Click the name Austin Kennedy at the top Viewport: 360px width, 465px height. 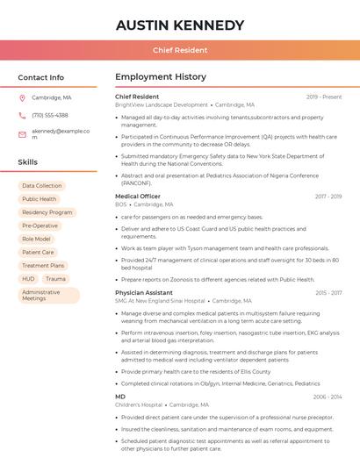click(x=180, y=25)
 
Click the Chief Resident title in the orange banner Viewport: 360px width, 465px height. click(x=180, y=50)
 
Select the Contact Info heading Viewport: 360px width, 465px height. click(x=40, y=77)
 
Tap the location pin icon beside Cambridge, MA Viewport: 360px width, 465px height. click(x=22, y=97)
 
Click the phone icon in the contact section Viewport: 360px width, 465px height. click(x=22, y=115)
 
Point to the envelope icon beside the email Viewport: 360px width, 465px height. click(x=22, y=133)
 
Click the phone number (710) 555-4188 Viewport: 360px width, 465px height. click(x=49, y=115)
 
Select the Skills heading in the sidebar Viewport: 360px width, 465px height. click(x=27, y=162)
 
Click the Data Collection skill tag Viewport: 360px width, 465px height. click(x=42, y=186)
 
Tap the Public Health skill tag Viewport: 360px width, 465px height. click(x=40, y=199)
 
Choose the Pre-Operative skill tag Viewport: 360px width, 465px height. click(x=40, y=225)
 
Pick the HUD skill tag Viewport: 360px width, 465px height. click(x=29, y=279)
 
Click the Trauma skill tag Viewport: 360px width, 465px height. click(x=55, y=279)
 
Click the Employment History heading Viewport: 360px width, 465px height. click(x=161, y=77)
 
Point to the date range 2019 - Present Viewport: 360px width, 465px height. click(x=324, y=97)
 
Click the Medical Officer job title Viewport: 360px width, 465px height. click(x=138, y=197)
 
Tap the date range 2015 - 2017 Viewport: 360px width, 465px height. click(x=328, y=292)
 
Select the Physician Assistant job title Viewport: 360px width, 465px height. click(x=144, y=292)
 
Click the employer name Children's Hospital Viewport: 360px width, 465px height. click(x=139, y=404)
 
